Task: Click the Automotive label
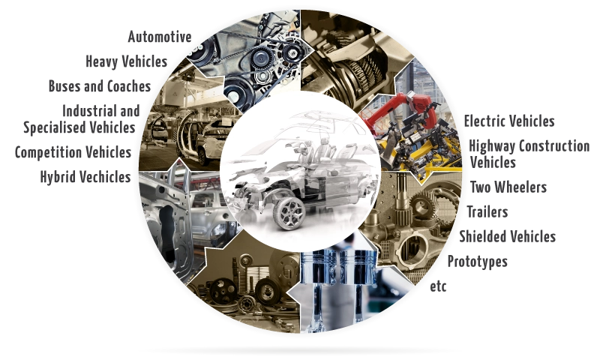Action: [160, 37]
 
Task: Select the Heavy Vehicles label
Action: [127, 61]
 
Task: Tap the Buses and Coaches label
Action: [100, 86]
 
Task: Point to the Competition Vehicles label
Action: [73, 152]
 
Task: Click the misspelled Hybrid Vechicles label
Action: [85, 177]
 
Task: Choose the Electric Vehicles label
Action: [509, 121]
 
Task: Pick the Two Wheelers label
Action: [508, 187]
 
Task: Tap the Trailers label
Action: [487, 211]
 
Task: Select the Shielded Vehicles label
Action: [508, 236]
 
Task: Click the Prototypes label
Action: [478, 262]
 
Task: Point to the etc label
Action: [438, 286]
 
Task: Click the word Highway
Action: [492, 146]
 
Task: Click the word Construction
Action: [554, 146]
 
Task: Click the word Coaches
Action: [129, 86]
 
